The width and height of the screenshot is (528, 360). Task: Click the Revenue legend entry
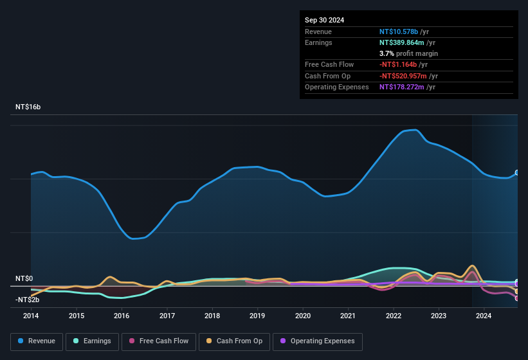37,341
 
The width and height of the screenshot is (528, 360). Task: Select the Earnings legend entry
92,341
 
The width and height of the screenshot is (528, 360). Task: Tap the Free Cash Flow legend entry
158,341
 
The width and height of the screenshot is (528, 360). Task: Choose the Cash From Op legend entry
234,341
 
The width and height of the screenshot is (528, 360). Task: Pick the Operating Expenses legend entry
318,341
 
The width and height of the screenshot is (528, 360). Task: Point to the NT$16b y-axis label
28,107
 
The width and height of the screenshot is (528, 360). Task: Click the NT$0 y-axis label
24,278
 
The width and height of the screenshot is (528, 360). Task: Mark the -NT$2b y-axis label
27,300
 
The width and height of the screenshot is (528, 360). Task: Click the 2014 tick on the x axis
31,316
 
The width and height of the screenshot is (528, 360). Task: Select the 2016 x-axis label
122,316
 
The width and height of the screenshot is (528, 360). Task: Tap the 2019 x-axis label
257,316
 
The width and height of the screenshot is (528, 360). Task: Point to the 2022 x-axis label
393,316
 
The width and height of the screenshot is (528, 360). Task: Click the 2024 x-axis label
484,316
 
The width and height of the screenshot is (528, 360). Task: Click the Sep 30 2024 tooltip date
324,20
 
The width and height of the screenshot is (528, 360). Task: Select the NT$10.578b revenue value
398,32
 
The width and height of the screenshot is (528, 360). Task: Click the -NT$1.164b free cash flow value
398,64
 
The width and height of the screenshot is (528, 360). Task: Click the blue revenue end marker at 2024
517,173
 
